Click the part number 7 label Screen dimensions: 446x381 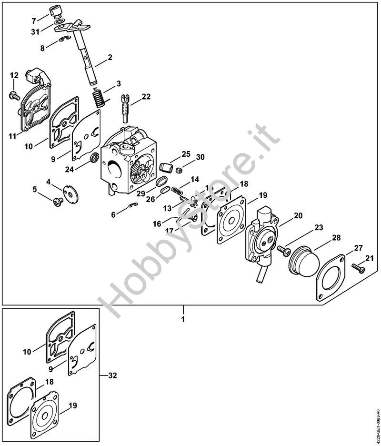[33, 20]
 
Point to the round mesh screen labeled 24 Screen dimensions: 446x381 [94, 156]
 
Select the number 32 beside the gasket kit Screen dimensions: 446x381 [112, 375]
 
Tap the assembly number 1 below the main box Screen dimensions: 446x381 [183, 319]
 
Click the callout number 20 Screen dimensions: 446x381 [298, 215]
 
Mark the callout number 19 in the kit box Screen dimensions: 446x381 [72, 406]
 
